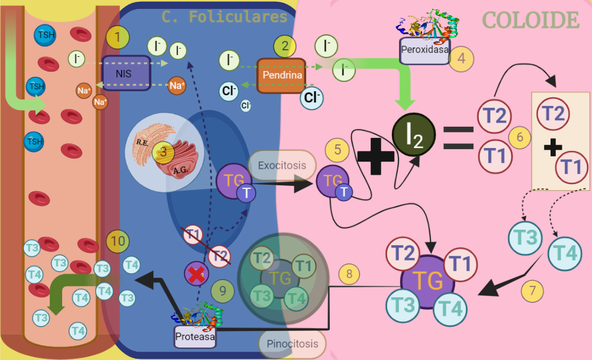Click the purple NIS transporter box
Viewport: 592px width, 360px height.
[124, 74]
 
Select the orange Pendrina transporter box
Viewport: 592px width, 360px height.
[282, 75]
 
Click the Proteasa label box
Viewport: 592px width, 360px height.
[194, 337]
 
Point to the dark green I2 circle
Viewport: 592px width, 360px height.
[414, 134]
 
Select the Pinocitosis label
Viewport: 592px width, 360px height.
[292, 343]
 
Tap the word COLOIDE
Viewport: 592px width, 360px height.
[530, 20]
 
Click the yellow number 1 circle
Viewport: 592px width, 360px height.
[118, 38]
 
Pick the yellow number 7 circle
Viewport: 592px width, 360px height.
[533, 291]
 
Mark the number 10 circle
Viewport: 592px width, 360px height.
[118, 241]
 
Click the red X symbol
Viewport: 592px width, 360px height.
[195, 274]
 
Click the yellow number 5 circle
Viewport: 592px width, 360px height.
[337, 149]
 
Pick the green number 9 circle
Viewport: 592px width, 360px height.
[223, 291]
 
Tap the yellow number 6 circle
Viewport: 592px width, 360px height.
[520, 138]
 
